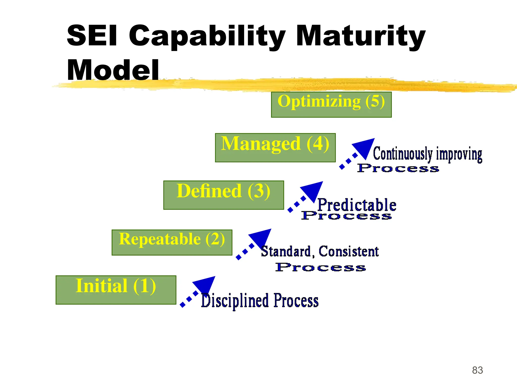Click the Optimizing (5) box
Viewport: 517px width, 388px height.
(x=331, y=105)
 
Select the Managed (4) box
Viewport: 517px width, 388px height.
(x=275, y=148)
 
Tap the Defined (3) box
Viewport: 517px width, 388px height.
(x=223, y=195)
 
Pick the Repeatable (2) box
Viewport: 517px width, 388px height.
(x=172, y=242)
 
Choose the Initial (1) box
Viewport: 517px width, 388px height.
(x=116, y=290)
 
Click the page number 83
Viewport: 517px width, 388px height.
(x=477, y=370)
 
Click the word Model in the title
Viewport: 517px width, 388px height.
(x=113, y=70)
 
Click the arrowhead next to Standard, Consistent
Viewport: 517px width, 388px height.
(x=262, y=237)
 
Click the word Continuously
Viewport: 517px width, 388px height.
(x=403, y=154)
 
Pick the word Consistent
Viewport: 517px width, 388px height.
(x=349, y=251)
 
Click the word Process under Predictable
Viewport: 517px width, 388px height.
(x=346, y=215)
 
